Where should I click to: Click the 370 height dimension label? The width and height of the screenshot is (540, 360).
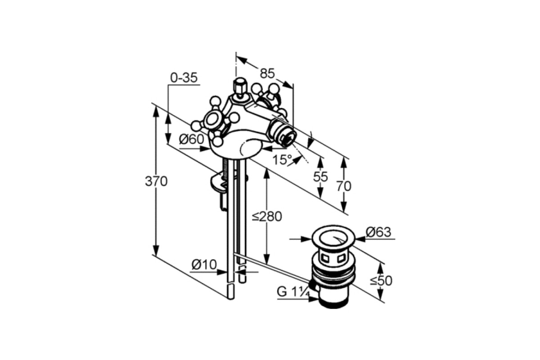[x=156, y=181]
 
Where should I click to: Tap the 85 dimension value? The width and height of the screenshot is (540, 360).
[x=267, y=73]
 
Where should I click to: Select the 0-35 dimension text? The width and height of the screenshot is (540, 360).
[x=184, y=78]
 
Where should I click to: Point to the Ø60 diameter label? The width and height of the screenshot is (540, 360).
[x=192, y=139]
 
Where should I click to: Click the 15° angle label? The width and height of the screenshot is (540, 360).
[x=282, y=159]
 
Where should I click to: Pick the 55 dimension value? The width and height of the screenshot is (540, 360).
[x=320, y=177]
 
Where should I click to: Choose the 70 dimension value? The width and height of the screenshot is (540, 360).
[x=344, y=186]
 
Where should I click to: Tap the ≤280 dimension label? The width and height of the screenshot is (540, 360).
[x=267, y=216]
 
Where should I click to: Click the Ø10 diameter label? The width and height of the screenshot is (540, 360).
[x=204, y=265]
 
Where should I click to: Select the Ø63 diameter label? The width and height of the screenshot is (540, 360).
[x=378, y=232]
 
